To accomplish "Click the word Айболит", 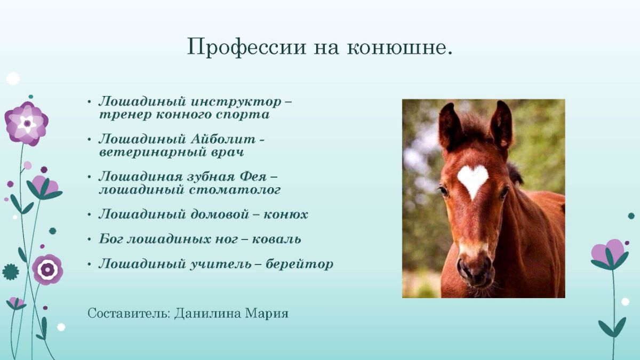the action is (x=223, y=139).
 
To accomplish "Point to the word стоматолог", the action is (x=235, y=190).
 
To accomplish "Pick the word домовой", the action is (x=220, y=214).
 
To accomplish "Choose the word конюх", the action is (x=286, y=215).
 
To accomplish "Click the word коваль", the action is (x=277, y=239).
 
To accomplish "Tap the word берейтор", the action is (x=299, y=264).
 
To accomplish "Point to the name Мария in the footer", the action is (x=267, y=314).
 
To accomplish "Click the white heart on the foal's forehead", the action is (x=473, y=180).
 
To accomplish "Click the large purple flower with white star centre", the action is (x=27, y=124).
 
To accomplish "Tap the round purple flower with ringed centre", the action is (x=47, y=269).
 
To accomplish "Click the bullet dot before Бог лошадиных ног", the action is (x=90, y=239).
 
